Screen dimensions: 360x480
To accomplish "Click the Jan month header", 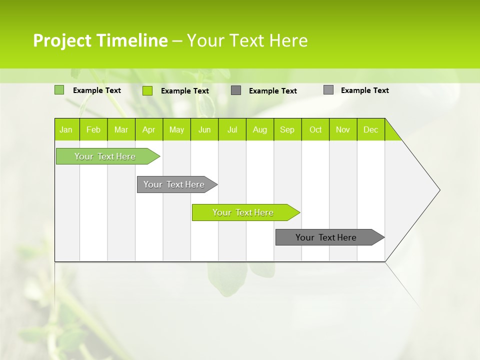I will (x=66, y=129).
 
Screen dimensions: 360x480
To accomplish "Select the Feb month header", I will (x=93, y=129).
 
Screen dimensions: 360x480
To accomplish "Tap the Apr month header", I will (x=149, y=129).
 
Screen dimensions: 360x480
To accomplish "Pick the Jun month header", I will (x=204, y=129).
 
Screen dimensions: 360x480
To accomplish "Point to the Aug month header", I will (x=260, y=129).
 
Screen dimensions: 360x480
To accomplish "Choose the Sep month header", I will (x=287, y=129).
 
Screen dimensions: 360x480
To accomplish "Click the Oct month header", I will (x=315, y=129).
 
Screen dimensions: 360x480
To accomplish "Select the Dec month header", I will (x=371, y=129).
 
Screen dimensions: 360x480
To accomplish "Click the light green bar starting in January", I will (x=105, y=156).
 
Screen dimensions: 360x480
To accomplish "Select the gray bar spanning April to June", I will (x=174, y=184).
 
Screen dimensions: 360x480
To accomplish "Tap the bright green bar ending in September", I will (x=243, y=212).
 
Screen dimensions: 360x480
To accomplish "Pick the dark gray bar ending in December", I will (x=326, y=237).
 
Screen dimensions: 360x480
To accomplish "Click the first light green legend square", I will (x=59, y=90).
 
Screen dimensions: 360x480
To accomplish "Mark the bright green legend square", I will (x=147, y=90).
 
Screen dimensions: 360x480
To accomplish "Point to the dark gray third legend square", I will (x=236, y=90).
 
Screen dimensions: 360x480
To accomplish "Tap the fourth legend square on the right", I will (x=328, y=90).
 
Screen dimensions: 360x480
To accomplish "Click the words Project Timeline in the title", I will (x=100, y=40).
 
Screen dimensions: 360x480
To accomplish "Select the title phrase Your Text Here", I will (x=247, y=40).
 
